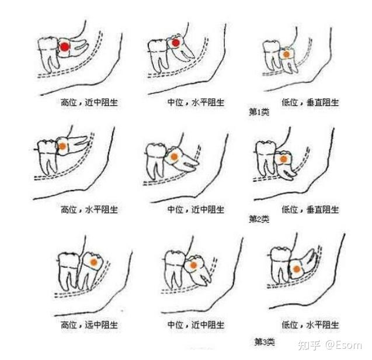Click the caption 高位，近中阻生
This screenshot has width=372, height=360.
(x=89, y=102)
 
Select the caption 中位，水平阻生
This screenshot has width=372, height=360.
(x=196, y=102)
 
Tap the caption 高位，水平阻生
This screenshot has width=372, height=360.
(x=89, y=209)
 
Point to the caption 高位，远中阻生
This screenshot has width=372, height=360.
(x=89, y=324)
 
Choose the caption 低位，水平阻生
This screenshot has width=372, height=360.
(x=310, y=324)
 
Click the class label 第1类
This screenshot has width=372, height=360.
(x=259, y=112)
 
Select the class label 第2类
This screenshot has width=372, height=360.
(x=259, y=219)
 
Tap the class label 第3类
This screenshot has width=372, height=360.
(x=265, y=342)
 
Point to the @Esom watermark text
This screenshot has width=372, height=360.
(x=344, y=345)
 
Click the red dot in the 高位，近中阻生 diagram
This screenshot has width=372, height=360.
(x=64, y=47)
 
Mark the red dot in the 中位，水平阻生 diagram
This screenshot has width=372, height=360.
(x=176, y=43)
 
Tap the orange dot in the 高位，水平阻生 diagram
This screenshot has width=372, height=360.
(x=62, y=146)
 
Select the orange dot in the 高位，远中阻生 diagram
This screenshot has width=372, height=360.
(x=94, y=262)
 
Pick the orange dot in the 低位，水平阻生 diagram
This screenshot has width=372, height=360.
(x=297, y=269)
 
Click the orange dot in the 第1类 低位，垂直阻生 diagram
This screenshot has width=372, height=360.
(x=286, y=54)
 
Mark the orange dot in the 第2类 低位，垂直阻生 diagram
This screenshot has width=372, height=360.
(x=283, y=159)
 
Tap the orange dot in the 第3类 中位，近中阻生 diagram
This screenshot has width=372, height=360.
(x=194, y=265)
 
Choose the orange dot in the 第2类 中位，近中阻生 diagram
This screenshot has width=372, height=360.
(x=174, y=157)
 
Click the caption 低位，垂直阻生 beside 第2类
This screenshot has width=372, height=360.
(x=310, y=209)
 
